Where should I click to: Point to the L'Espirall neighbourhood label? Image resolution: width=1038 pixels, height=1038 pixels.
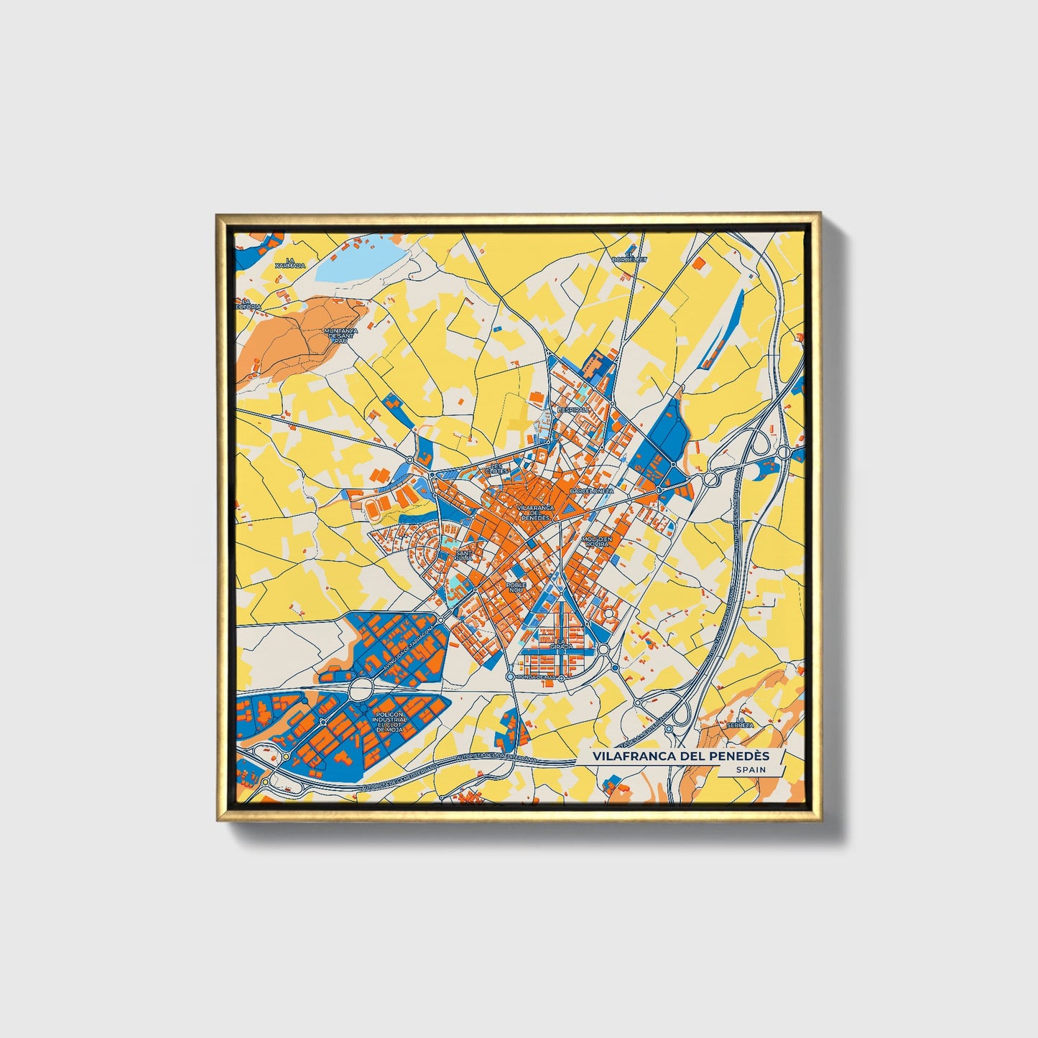573,409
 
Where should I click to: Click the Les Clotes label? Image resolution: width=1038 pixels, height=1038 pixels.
497,469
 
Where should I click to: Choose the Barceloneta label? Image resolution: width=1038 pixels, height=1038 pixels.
591,490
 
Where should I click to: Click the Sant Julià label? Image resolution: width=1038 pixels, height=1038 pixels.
465,555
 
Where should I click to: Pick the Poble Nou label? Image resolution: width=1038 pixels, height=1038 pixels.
516,588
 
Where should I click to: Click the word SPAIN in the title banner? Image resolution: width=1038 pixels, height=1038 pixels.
750,769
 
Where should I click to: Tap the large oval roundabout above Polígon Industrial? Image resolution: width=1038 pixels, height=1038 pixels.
361,691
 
